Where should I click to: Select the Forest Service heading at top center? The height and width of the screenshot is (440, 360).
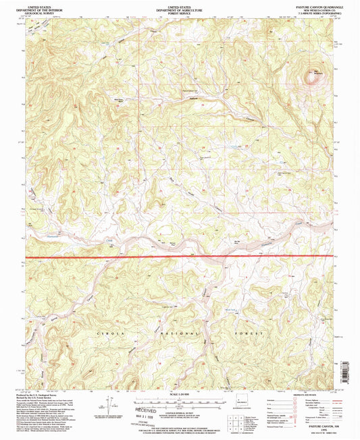180,12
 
